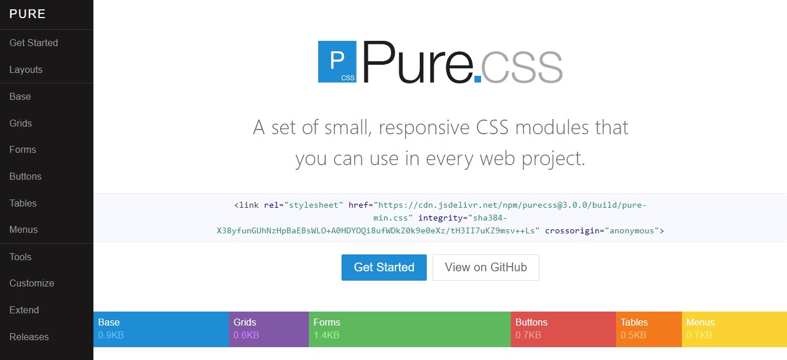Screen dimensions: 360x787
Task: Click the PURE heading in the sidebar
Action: [x=27, y=14]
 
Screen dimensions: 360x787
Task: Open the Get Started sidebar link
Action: [x=33, y=43]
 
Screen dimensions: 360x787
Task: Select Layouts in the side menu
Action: [x=26, y=69]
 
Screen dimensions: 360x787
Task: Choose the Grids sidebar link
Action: [x=20, y=123]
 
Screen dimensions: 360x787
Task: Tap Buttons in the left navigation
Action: [x=25, y=176]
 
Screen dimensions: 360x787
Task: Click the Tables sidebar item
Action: [x=23, y=203]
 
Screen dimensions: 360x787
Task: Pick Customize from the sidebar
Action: [x=32, y=283]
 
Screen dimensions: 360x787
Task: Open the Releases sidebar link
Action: [x=29, y=337]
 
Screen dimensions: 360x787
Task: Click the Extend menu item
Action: [x=24, y=310]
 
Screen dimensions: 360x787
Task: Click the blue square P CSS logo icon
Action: [x=337, y=61]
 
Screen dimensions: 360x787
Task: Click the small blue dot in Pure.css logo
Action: [x=478, y=78]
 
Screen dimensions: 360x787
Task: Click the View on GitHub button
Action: [x=486, y=267]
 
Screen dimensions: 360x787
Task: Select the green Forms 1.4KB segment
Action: [x=409, y=329]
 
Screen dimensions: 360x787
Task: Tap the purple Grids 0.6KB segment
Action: [x=269, y=329]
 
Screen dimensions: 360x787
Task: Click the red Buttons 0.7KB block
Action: [x=563, y=329]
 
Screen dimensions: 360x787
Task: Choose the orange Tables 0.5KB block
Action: [x=648, y=329]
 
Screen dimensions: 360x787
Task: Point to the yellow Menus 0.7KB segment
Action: [x=734, y=329]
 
